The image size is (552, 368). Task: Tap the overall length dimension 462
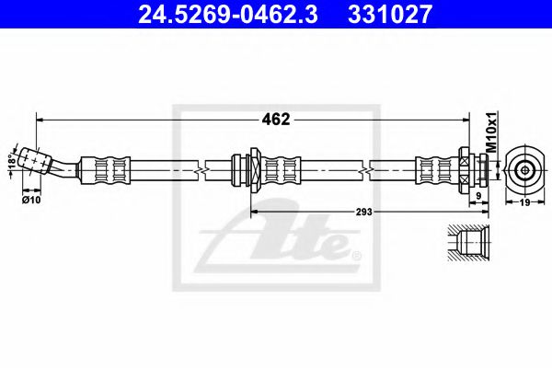277,120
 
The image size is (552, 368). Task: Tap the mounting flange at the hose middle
248,170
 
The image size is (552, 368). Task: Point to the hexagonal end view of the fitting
525,169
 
